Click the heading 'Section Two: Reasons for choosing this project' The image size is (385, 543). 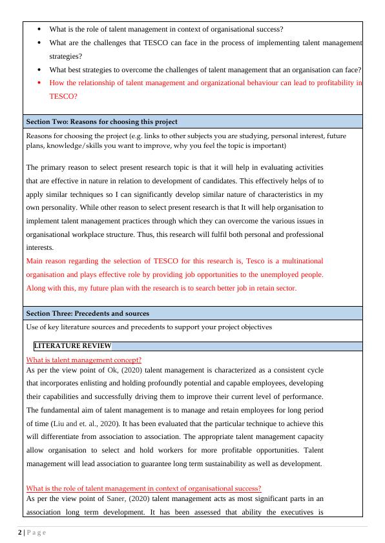pos(101,121)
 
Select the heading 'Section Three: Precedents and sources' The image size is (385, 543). pos(87,313)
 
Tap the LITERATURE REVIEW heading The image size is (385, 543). pos(72,346)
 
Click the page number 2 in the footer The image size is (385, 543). pos(19,532)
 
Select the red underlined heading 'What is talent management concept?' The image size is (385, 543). pos(83,360)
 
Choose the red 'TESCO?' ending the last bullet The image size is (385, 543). pos(63,96)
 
